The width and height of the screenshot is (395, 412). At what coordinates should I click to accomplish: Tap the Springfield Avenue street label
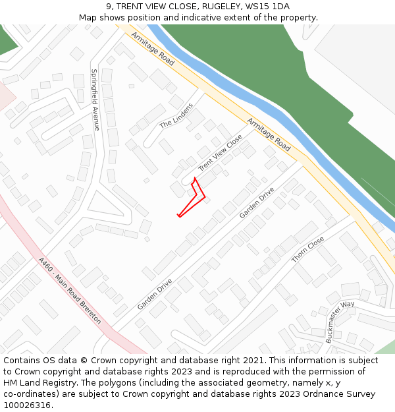[x=95, y=100]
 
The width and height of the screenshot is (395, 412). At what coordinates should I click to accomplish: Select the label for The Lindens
[x=176, y=115]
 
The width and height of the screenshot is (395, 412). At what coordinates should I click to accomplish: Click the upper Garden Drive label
[x=257, y=203]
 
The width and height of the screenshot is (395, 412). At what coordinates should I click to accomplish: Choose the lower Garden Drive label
[x=155, y=294]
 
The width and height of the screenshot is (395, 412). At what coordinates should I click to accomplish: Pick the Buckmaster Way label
[x=340, y=322]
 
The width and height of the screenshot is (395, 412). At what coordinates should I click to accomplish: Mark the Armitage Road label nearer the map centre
[x=269, y=134]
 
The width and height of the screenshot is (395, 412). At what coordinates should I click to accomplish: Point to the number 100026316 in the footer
[x=28, y=405]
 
